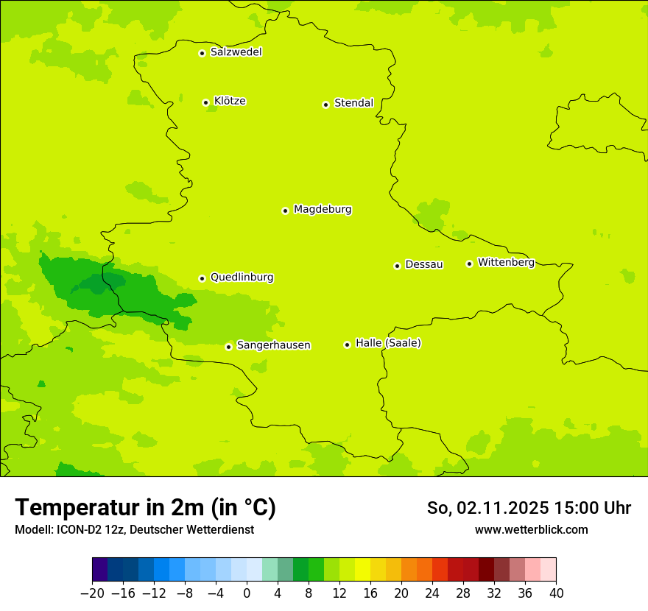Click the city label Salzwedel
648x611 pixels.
[236, 52]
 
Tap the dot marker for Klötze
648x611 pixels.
[205, 102]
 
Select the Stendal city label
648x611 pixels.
[353, 103]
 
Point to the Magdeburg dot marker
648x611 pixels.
[285, 211]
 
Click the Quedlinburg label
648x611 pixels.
[242, 278]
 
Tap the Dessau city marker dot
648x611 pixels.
[397, 266]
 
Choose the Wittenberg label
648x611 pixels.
[506, 262]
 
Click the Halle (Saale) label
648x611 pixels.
[388, 343]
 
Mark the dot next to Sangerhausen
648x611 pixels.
[229, 347]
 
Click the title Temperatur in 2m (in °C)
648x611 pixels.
[145, 507]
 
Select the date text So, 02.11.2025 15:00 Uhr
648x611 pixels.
[529, 508]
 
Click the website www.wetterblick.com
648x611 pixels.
[531, 529]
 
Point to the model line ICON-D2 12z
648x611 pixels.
[134, 529]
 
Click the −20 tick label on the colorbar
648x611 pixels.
[92, 593]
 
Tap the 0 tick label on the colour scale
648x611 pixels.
[247, 593]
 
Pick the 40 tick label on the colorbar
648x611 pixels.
[556, 593]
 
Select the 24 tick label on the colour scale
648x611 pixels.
[432, 593]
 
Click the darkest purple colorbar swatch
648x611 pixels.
[99, 570]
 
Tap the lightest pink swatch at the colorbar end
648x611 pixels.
[549, 570]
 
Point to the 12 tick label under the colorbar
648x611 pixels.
[339, 593]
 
